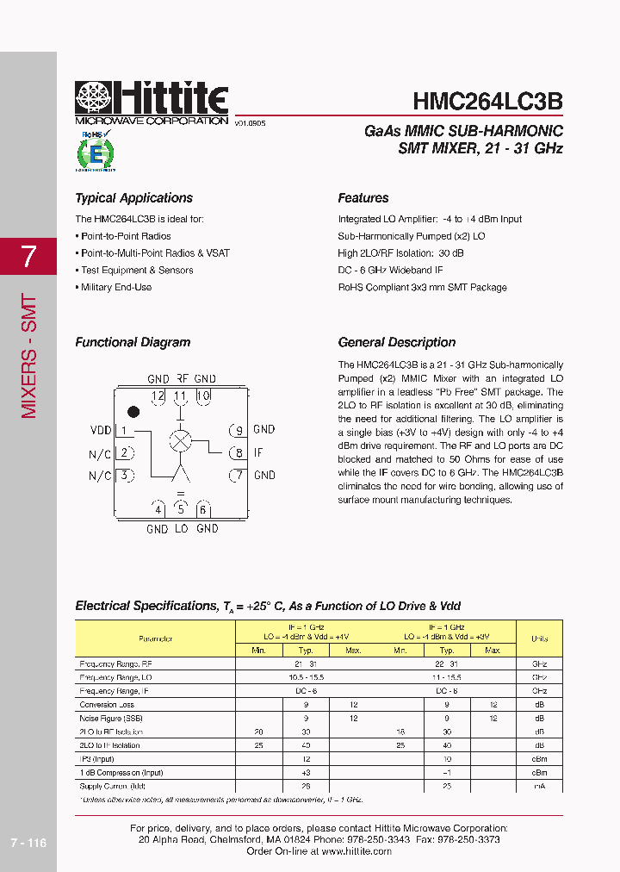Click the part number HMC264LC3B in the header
pyautogui.click(x=487, y=101)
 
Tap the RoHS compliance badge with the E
pyautogui.click(x=96, y=153)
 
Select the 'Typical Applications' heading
pyautogui.click(x=133, y=198)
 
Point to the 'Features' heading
pyautogui.click(x=363, y=198)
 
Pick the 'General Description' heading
pyautogui.click(x=396, y=342)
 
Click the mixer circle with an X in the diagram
pyautogui.click(x=180, y=440)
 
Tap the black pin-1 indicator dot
pyautogui.click(x=133, y=412)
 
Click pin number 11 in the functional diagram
pyautogui.click(x=180, y=396)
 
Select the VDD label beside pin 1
pyautogui.click(x=100, y=430)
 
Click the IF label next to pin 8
pyautogui.click(x=258, y=452)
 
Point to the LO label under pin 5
pyautogui.click(x=181, y=529)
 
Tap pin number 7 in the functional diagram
pyautogui.click(x=238, y=475)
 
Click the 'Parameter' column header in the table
pyautogui.click(x=155, y=638)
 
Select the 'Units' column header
pyautogui.click(x=539, y=638)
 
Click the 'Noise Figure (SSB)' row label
pyautogui.click(x=111, y=718)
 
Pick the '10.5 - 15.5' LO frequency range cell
pyautogui.click(x=306, y=678)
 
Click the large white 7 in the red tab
pyautogui.click(x=28, y=256)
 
